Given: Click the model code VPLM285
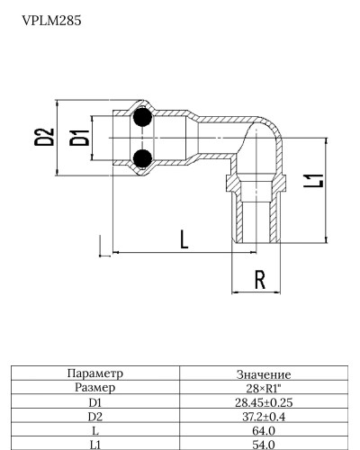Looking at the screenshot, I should coord(52,19).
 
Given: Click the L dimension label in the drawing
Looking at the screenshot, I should coord(183,239).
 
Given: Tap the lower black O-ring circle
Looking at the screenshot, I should coord(140,159).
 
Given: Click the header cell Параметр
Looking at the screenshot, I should coord(94,373).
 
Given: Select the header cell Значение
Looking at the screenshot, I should coord(262,373).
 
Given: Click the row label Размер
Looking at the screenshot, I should coord(94,387).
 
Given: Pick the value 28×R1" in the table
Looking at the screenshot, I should coord(262,388).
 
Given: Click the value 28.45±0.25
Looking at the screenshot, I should coord(262,402).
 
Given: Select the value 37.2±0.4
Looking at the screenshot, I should coord(262,417).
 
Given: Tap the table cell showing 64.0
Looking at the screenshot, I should coord(262,431).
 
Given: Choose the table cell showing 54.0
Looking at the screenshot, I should coord(262,445).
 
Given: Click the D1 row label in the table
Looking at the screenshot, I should coord(94,402).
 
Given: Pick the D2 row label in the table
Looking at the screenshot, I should coord(94,417).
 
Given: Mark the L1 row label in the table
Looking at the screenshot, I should coord(94,445).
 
